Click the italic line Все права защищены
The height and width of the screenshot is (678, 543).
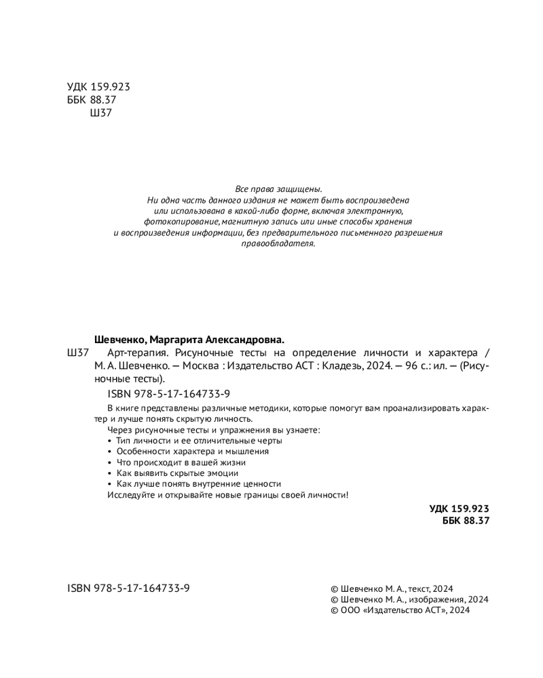278,188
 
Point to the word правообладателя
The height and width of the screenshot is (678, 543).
278,243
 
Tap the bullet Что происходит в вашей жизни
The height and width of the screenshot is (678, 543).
180,462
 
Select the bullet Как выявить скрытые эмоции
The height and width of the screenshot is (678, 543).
177,473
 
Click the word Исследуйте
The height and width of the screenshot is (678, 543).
132,495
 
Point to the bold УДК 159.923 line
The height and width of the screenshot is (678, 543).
459,508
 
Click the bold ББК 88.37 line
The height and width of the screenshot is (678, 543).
465,520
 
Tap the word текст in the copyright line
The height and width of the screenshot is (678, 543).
419,589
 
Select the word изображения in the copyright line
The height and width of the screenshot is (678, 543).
436,599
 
